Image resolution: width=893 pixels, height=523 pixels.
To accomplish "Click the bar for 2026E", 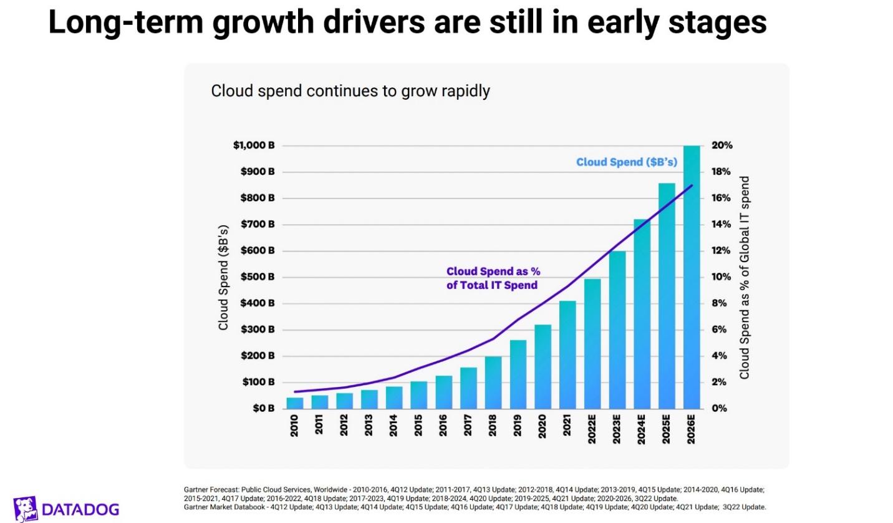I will coord(692,278).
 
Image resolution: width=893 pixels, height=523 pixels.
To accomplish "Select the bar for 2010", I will coord(294,403).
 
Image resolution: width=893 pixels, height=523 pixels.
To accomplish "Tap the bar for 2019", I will coord(518,374).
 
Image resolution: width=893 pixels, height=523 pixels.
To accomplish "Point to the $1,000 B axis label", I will coord(254,145).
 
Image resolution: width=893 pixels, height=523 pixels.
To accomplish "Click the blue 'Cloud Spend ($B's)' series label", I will coord(626,162).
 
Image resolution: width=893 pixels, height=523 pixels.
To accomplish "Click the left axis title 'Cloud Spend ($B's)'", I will coord(223,277).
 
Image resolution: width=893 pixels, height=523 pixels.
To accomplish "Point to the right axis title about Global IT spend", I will coord(744,277).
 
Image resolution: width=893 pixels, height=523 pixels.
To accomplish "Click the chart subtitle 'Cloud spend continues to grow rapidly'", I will coord(350,91).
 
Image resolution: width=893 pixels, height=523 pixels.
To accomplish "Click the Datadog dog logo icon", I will coord(25,509).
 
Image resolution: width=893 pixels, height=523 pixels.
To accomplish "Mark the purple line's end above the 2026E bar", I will coord(692,185).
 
